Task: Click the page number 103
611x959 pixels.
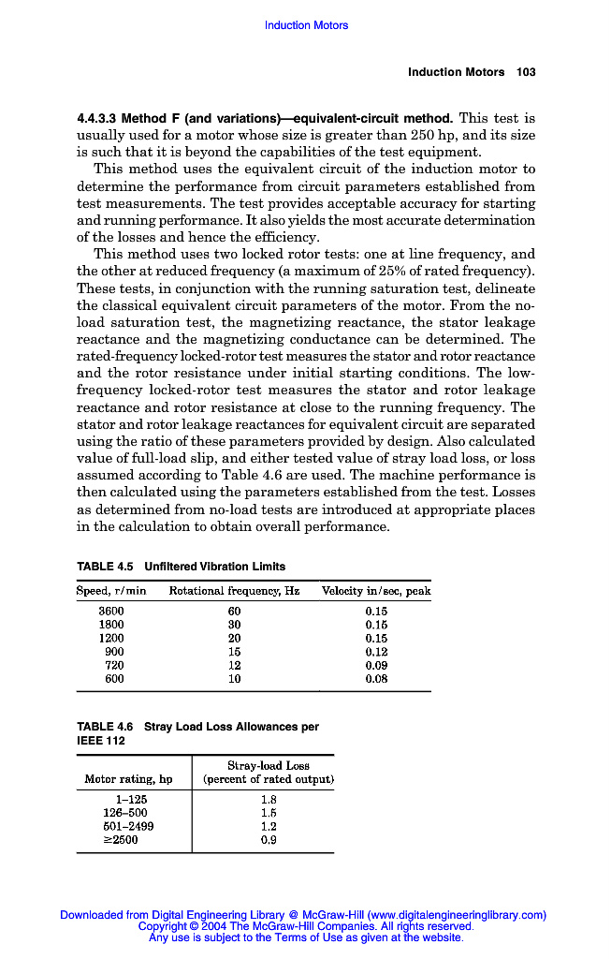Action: tap(526, 72)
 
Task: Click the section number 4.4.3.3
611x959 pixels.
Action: tap(96, 119)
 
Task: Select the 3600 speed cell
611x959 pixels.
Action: tap(111, 610)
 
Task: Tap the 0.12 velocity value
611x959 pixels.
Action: tap(376, 651)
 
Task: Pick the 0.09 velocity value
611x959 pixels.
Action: tap(376, 665)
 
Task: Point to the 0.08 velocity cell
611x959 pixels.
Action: tap(376, 679)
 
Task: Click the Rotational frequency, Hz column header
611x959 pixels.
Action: tap(234, 591)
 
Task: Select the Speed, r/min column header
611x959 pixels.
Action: tap(111, 591)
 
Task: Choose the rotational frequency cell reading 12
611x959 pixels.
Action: tap(235, 665)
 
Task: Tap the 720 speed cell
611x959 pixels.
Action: tap(114, 665)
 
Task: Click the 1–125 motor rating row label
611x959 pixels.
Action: tap(130, 799)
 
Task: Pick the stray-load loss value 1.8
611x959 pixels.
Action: tap(269, 799)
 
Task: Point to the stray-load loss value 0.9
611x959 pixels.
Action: tap(269, 840)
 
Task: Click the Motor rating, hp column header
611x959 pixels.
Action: tap(128, 779)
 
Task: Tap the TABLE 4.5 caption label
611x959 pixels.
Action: tap(105, 567)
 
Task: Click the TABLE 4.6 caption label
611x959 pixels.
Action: tap(105, 727)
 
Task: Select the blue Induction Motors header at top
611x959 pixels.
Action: tap(306, 25)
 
